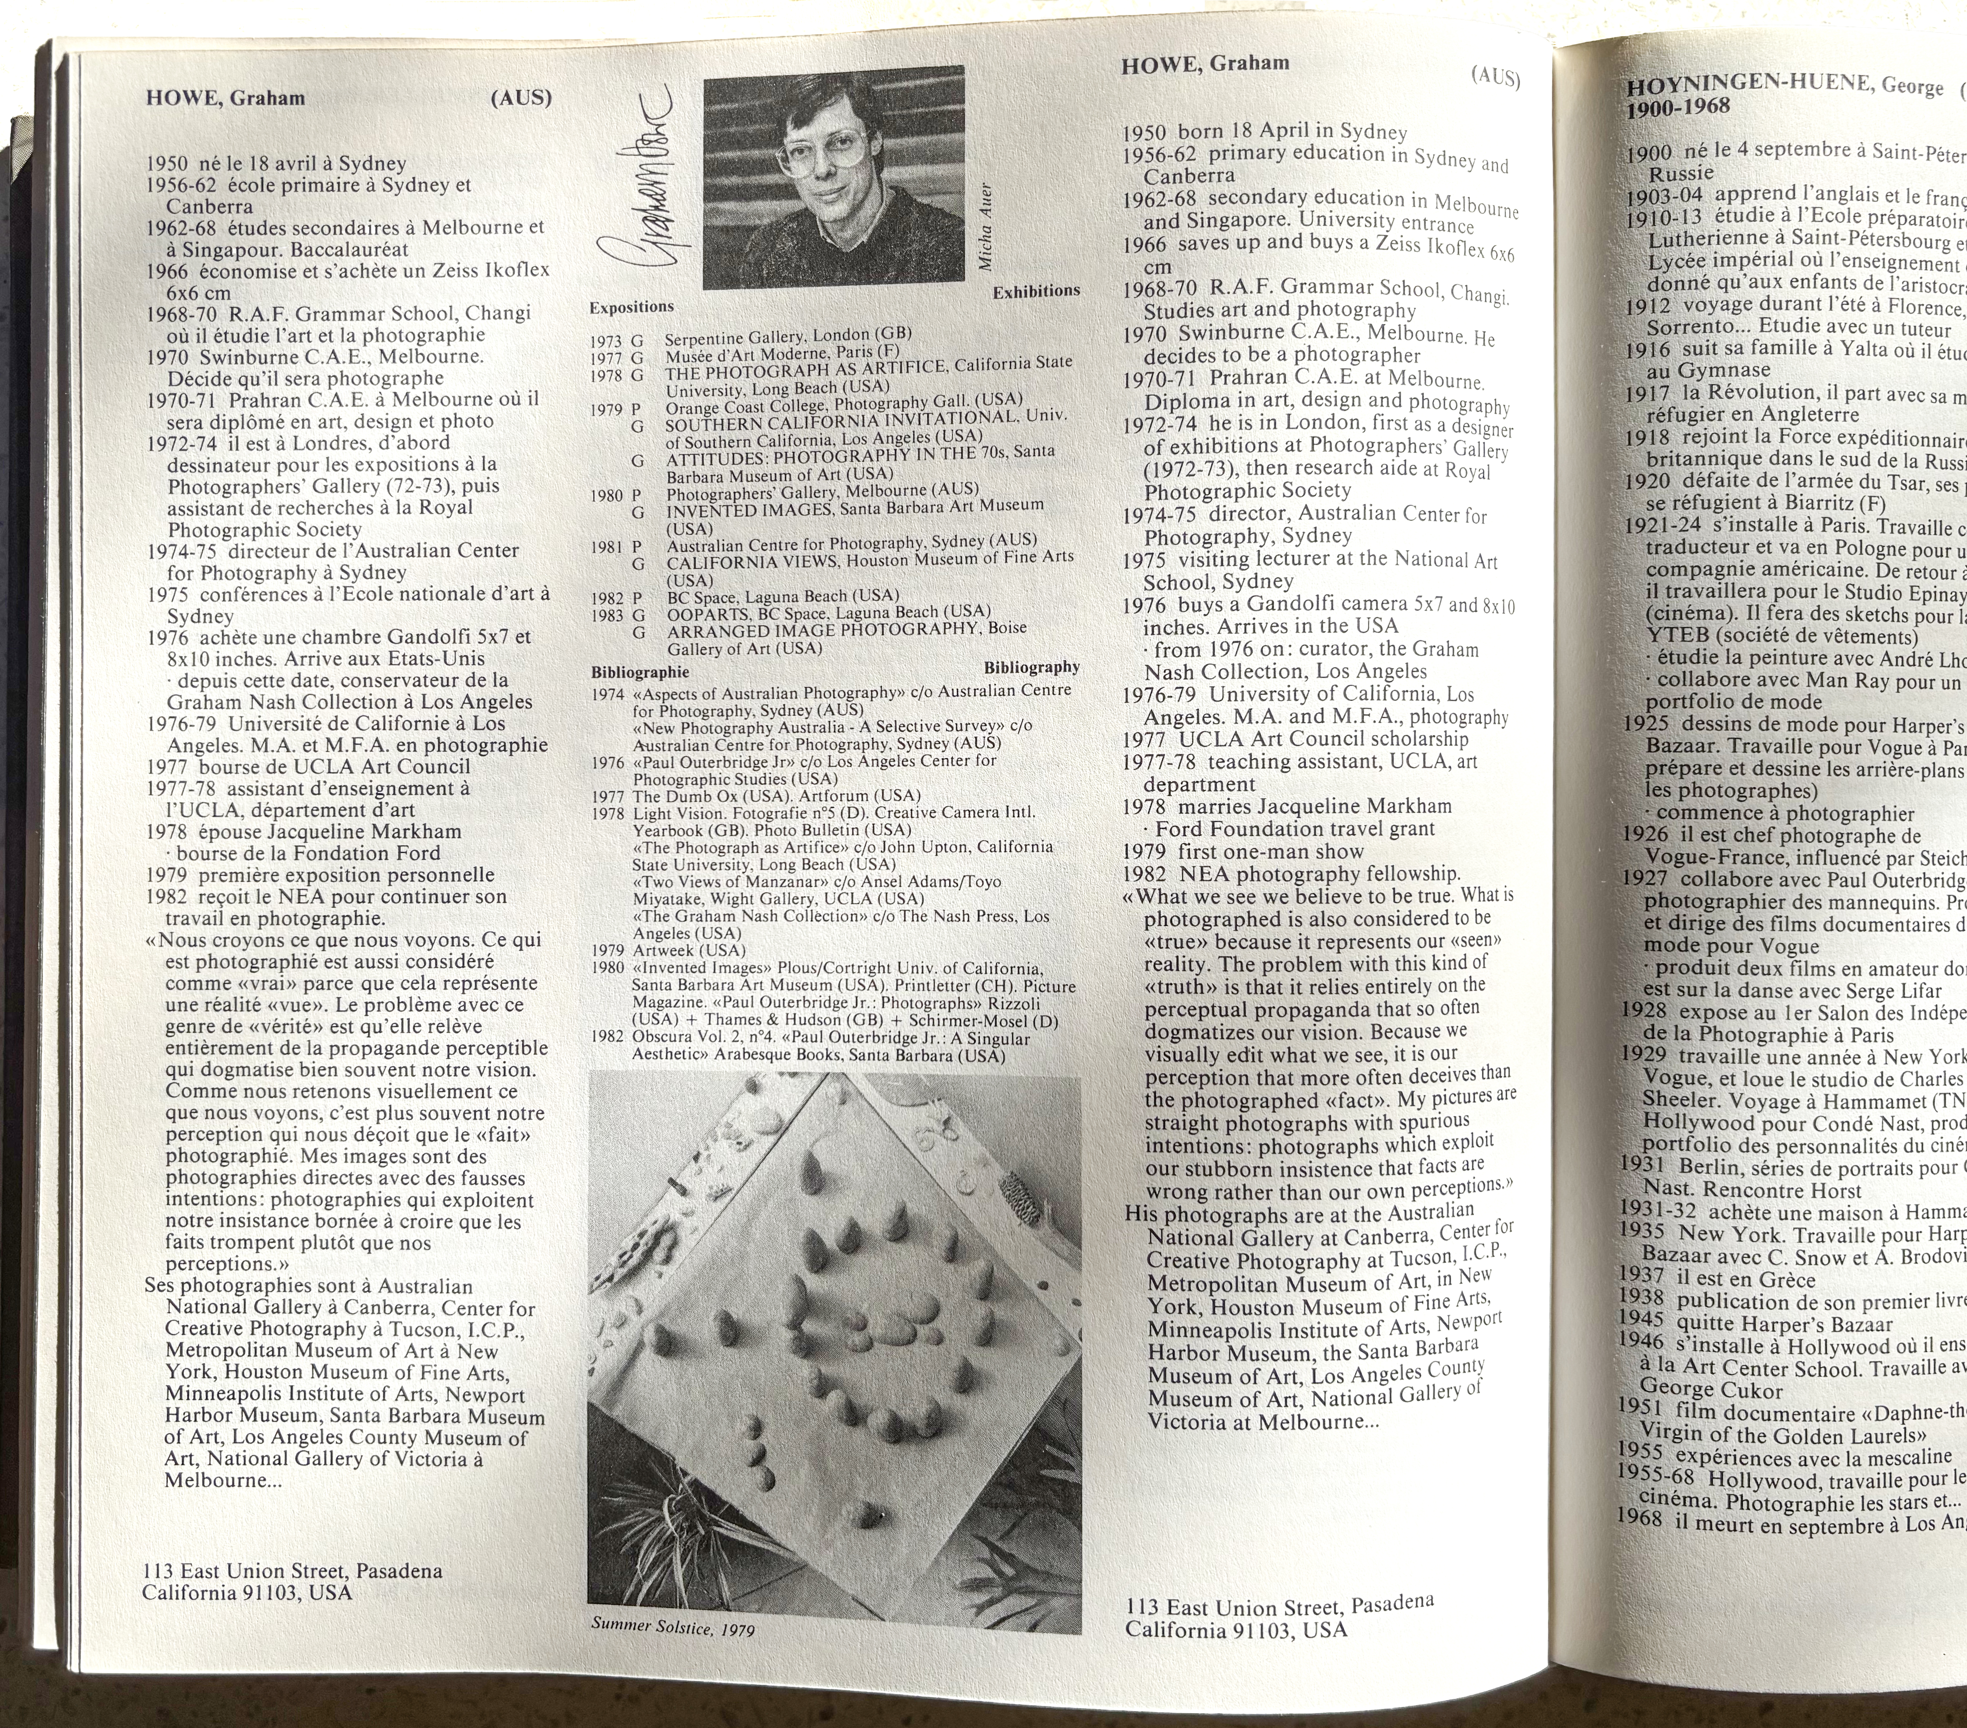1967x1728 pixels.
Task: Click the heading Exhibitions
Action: (1036, 291)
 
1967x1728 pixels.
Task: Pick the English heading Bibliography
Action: (1031, 667)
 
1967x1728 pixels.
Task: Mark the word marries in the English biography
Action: (1214, 806)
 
